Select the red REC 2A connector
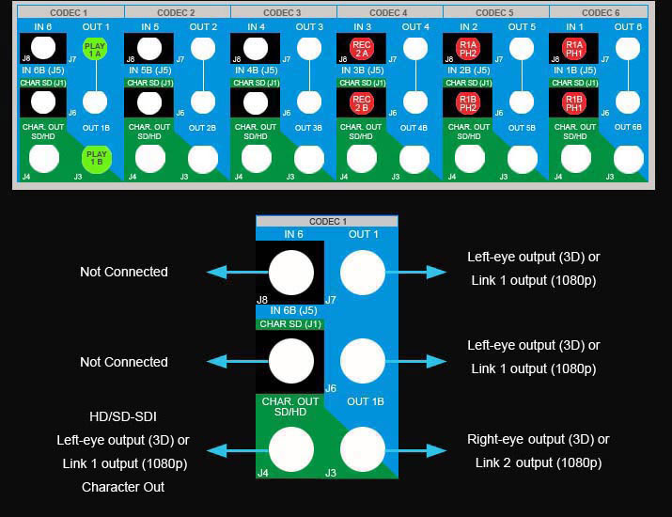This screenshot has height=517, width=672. pos(362,49)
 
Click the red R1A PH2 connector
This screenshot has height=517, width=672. pos(468,49)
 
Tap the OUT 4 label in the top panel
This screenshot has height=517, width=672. pos(415,27)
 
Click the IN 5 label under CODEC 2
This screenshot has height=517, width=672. pos(148,27)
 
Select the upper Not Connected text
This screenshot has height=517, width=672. pos(124,272)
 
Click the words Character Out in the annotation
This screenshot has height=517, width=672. pos(123,487)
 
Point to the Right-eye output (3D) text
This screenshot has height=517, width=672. pos(538,439)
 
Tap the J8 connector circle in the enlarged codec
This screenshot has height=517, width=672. pos(290,274)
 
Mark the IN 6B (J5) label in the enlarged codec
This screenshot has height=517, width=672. pos(290,310)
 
